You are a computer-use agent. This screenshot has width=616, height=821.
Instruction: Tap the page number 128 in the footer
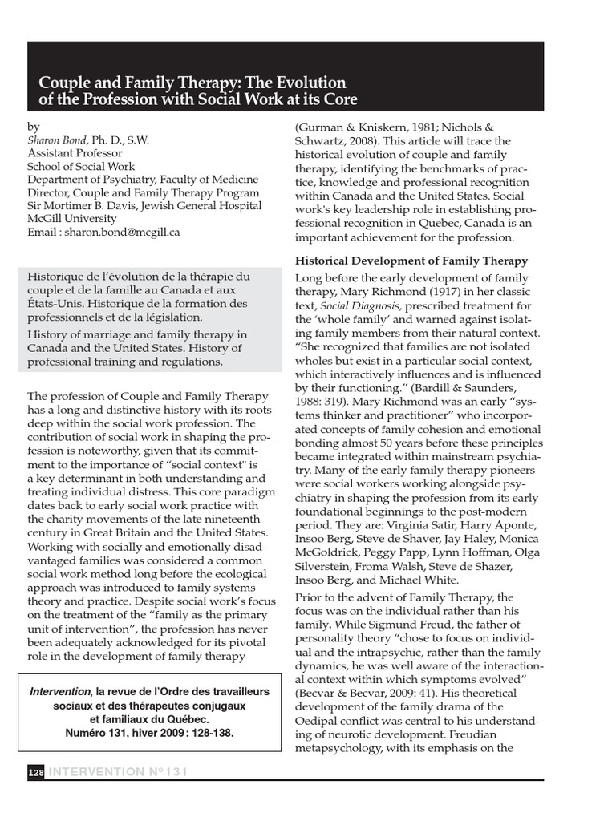(35, 772)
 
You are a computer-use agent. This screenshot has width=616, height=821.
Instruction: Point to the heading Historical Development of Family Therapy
(411, 261)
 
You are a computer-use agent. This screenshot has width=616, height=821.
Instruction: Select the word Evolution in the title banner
(308, 83)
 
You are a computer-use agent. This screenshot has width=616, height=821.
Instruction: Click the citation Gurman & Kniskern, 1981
(363, 126)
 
